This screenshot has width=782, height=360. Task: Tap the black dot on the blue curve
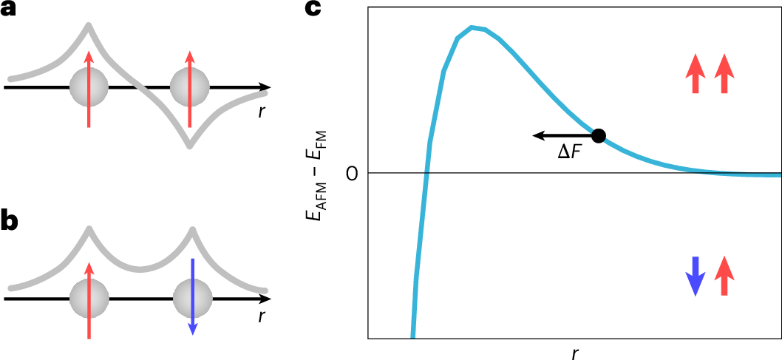[x=599, y=135]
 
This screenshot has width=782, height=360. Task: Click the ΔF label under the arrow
[x=570, y=153]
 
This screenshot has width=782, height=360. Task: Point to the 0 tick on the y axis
[x=351, y=174]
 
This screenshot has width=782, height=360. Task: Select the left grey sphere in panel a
[x=89, y=88]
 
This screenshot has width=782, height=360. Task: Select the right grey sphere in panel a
[x=190, y=88]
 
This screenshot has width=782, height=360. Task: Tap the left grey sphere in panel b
[x=89, y=299]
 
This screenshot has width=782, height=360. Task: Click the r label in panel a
[x=262, y=112]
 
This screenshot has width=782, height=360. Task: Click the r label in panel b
[x=262, y=318]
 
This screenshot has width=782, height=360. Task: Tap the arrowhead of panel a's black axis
[x=263, y=87]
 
